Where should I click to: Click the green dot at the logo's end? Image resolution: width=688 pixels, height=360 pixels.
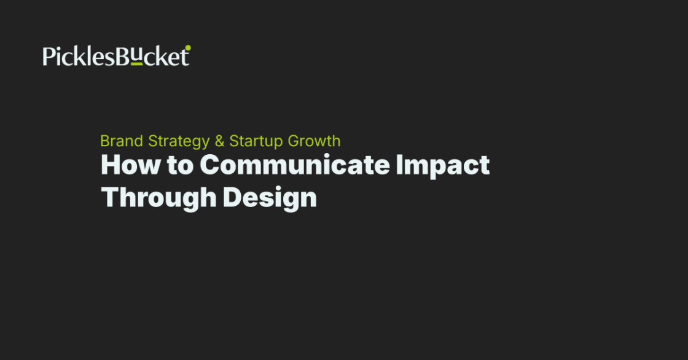pyautogui.click(x=188, y=47)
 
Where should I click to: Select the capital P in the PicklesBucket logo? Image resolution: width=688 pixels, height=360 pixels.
pyautogui.click(x=48, y=57)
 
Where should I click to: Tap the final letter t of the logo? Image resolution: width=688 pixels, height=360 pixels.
pyautogui.click(x=185, y=57)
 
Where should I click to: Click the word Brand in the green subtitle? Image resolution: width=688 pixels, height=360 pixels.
pyautogui.click(x=121, y=141)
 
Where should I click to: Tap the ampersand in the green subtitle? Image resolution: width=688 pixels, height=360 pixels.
pyautogui.click(x=219, y=141)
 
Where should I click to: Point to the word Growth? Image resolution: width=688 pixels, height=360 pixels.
pyautogui.click(x=314, y=141)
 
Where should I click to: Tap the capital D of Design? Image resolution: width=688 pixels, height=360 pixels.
pyautogui.click(x=232, y=197)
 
